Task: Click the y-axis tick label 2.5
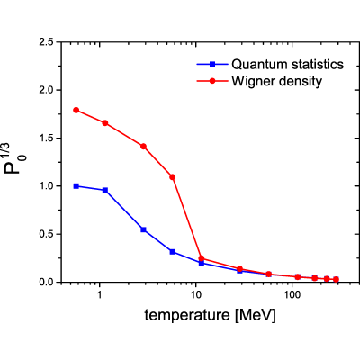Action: click(x=47, y=42)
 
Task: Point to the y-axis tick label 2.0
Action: click(x=47, y=90)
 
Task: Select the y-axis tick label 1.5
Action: click(x=47, y=138)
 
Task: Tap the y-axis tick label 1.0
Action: click(x=47, y=186)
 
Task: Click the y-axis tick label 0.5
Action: click(x=47, y=234)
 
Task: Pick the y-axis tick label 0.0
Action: click(x=47, y=282)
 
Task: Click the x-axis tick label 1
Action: click(x=99, y=294)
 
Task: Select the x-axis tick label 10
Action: click(x=195, y=294)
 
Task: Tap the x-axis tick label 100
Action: click(x=292, y=294)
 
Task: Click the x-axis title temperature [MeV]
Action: click(x=210, y=316)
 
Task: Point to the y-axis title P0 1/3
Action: click(x=15, y=158)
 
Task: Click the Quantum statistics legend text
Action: click(x=287, y=64)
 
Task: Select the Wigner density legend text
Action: click(x=276, y=81)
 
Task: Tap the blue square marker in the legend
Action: click(x=212, y=64)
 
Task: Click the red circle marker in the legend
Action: click(x=212, y=81)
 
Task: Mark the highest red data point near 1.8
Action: click(x=76, y=110)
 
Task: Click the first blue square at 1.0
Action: click(x=76, y=186)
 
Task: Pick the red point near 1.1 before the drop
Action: click(x=173, y=177)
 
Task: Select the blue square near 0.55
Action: click(x=143, y=229)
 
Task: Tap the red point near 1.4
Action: click(x=143, y=147)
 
